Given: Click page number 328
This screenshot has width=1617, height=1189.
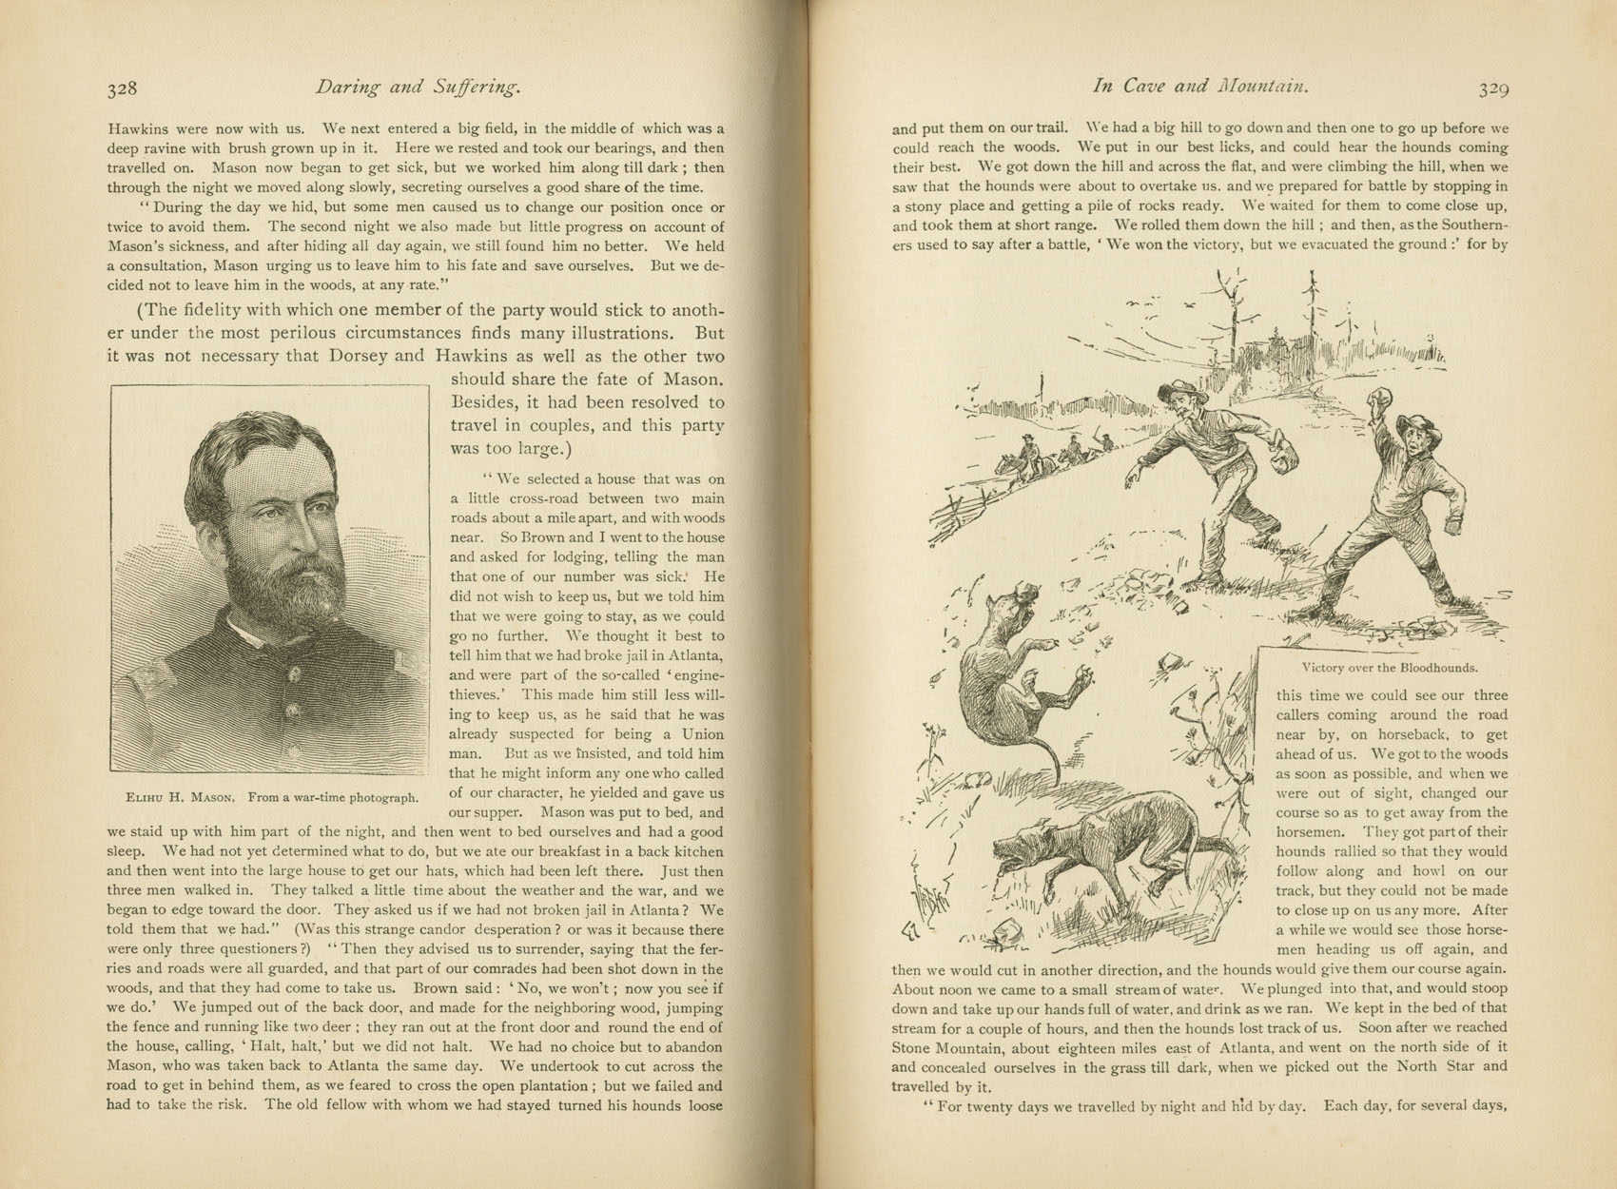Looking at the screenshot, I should (x=122, y=88).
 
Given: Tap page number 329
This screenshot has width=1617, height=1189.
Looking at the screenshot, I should (x=1493, y=88).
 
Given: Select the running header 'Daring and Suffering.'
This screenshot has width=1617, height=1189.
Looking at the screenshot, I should (x=418, y=88).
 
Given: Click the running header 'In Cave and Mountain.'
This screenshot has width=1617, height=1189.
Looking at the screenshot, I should (x=1201, y=87).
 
